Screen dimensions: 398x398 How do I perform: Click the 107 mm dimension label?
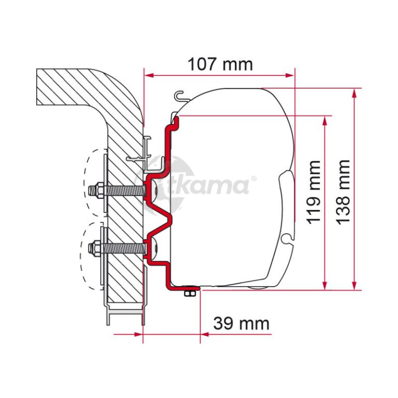tap(220, 64)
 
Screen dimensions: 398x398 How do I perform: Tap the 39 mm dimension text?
tap(241, 323)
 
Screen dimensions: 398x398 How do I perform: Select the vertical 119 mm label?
tap(314, 192)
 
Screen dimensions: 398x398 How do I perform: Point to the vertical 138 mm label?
tap(343, 192)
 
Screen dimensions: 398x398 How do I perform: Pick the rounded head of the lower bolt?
tap(154, 247)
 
